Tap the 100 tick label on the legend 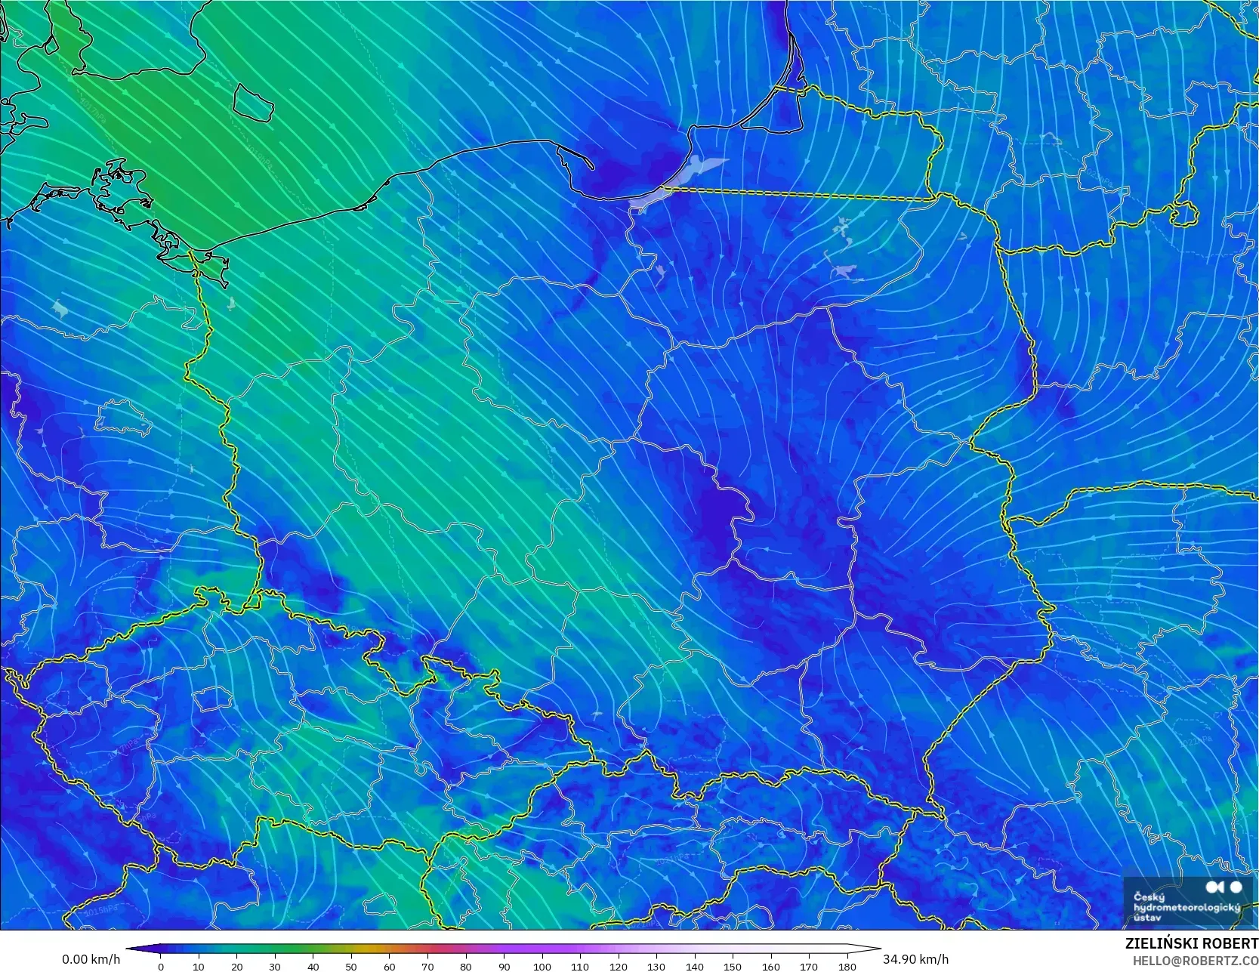[542, 967]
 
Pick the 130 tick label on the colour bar [656, 967]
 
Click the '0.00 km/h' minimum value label [91, 959]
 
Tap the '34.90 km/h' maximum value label [915, 959]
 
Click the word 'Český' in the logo [1149, 897]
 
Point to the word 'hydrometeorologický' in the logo [1186, 907]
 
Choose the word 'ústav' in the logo [1147, 918]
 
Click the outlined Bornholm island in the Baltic [251, 102]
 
